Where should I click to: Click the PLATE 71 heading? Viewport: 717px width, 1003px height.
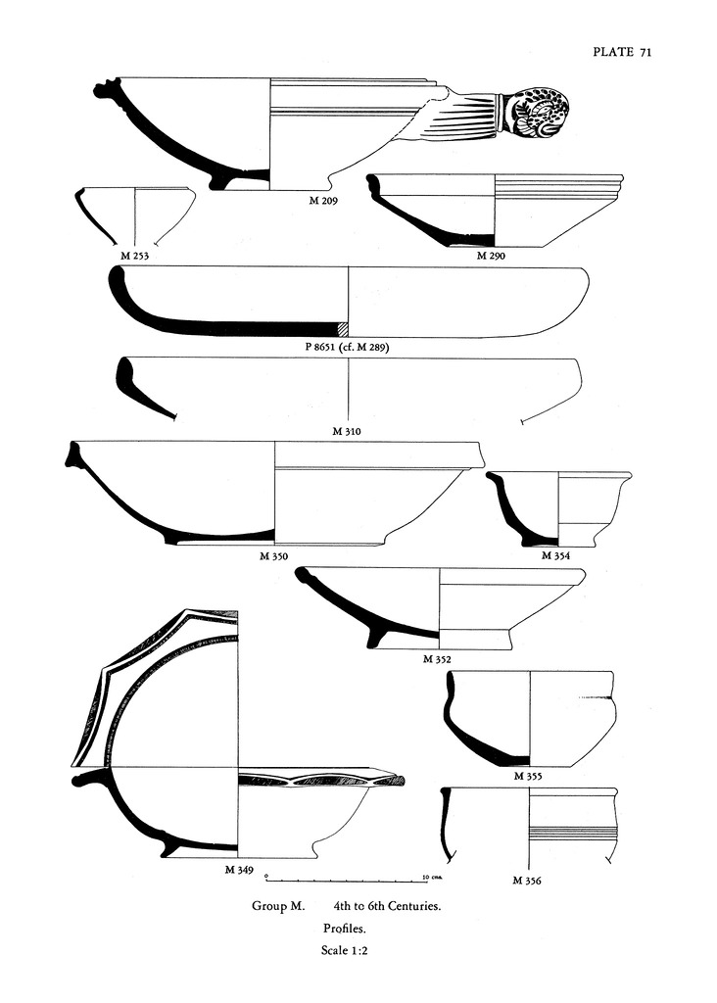tap(622, 53)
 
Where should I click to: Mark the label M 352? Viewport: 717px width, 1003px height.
tap(438, 659)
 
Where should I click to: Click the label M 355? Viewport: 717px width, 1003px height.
tap(529, 776)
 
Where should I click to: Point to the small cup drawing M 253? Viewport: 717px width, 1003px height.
tap(134, 215)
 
